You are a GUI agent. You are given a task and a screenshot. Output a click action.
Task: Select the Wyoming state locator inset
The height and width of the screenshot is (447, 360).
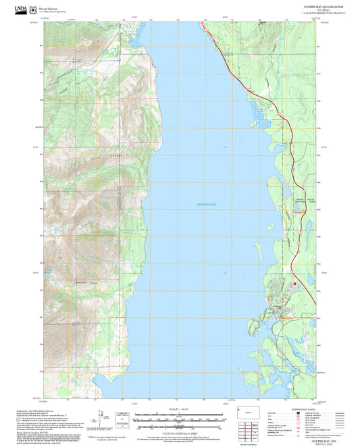tap(245, 411)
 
